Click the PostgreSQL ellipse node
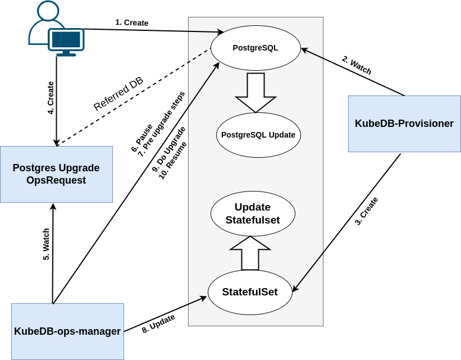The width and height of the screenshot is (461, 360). (255, 48)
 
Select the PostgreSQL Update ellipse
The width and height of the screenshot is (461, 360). (258, 135)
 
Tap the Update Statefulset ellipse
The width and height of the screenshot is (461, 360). (253, 213)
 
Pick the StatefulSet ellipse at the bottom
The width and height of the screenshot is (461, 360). (250, 292)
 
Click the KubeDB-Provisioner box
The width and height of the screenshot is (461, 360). (404, 124)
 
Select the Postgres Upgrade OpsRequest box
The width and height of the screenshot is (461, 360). (56, 174)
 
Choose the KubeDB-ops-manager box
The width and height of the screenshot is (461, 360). (67, 331)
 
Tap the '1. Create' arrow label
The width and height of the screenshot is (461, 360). (132, 22)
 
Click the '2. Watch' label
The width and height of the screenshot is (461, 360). (357, 65)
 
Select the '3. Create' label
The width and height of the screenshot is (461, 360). (366, 211)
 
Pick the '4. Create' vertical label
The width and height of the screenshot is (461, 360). (51, 98)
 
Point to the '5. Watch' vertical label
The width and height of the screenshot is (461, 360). (46, 244)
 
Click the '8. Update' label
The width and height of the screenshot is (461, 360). (158, 324)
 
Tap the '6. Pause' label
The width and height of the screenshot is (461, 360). (142, 138)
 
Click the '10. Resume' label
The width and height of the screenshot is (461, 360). (172, 160)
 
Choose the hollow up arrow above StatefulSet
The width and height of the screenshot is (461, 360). (250, 253)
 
